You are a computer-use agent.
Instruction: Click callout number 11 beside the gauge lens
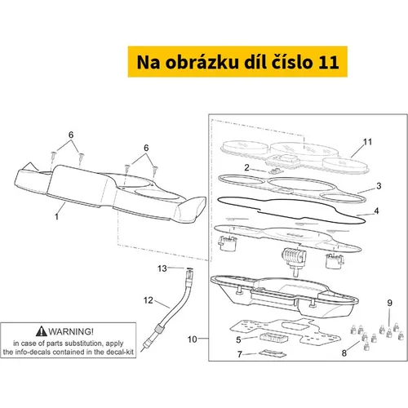click(x=367, y=142)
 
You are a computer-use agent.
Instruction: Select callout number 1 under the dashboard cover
click(x=56, y=217)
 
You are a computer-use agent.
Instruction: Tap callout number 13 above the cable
click(x=162, y=268)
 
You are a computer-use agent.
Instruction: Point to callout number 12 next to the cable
click(x=149, y=300)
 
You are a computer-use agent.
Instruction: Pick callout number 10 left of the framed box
click(x=193, y=339)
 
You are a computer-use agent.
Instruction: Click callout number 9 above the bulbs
click(x=390, y=303)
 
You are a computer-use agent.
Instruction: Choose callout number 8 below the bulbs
click(x=344, y=353)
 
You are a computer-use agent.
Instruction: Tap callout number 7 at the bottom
click(x=240, y=354)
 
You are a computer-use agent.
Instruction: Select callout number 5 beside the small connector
click(x=238, y=340)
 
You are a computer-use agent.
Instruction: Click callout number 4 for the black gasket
click(x=377, y=211)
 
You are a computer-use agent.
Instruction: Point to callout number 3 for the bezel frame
click(x=379, y=186)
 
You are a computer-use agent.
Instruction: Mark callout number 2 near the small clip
click(x=246, y=167)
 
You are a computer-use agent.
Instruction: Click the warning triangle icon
click(x=42, y=331)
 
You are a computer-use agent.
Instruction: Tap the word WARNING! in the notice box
click(x=71, y=331)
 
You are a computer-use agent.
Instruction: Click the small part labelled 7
click(x=272, y=354)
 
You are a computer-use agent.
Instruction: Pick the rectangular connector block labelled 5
click(x=273, y=338)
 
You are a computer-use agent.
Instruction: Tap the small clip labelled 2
click(x=275, y=171)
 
